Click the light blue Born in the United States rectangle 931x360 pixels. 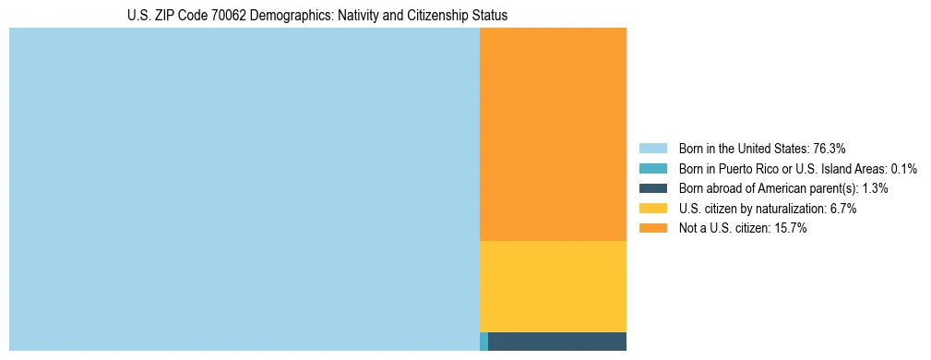245,189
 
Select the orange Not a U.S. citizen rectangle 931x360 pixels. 553,134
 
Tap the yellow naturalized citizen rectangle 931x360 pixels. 553,286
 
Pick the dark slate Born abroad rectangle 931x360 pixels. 557,342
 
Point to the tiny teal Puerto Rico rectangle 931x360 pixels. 483,342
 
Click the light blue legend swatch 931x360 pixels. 652,148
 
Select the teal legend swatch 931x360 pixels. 652,168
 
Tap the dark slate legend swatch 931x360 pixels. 652,188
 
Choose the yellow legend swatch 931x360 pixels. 652,209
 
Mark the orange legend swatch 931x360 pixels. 652,228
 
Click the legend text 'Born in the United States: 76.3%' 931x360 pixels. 762,148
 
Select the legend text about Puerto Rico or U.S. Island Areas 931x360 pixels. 797,168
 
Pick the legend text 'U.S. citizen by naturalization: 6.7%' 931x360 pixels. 767,209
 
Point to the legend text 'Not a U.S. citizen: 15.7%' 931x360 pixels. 742,228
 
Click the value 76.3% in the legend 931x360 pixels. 830,148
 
